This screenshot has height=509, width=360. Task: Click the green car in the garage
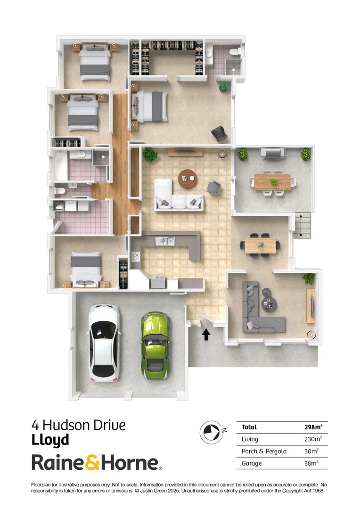tap(155, 345)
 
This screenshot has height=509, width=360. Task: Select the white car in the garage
tap(104, 342)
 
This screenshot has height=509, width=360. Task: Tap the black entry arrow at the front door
tap(206, 334)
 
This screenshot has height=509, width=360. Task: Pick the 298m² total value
tap(313, 427)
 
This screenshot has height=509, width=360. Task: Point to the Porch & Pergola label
tap(264, 451)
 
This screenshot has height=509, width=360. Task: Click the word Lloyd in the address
tap(50, 440)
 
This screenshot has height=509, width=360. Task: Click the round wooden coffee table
tap(188, 178)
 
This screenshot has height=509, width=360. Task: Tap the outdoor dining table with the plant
tap(273, 181)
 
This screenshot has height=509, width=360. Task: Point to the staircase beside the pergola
tap(302, 225)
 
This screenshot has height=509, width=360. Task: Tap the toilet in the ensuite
tap(234, 52)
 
